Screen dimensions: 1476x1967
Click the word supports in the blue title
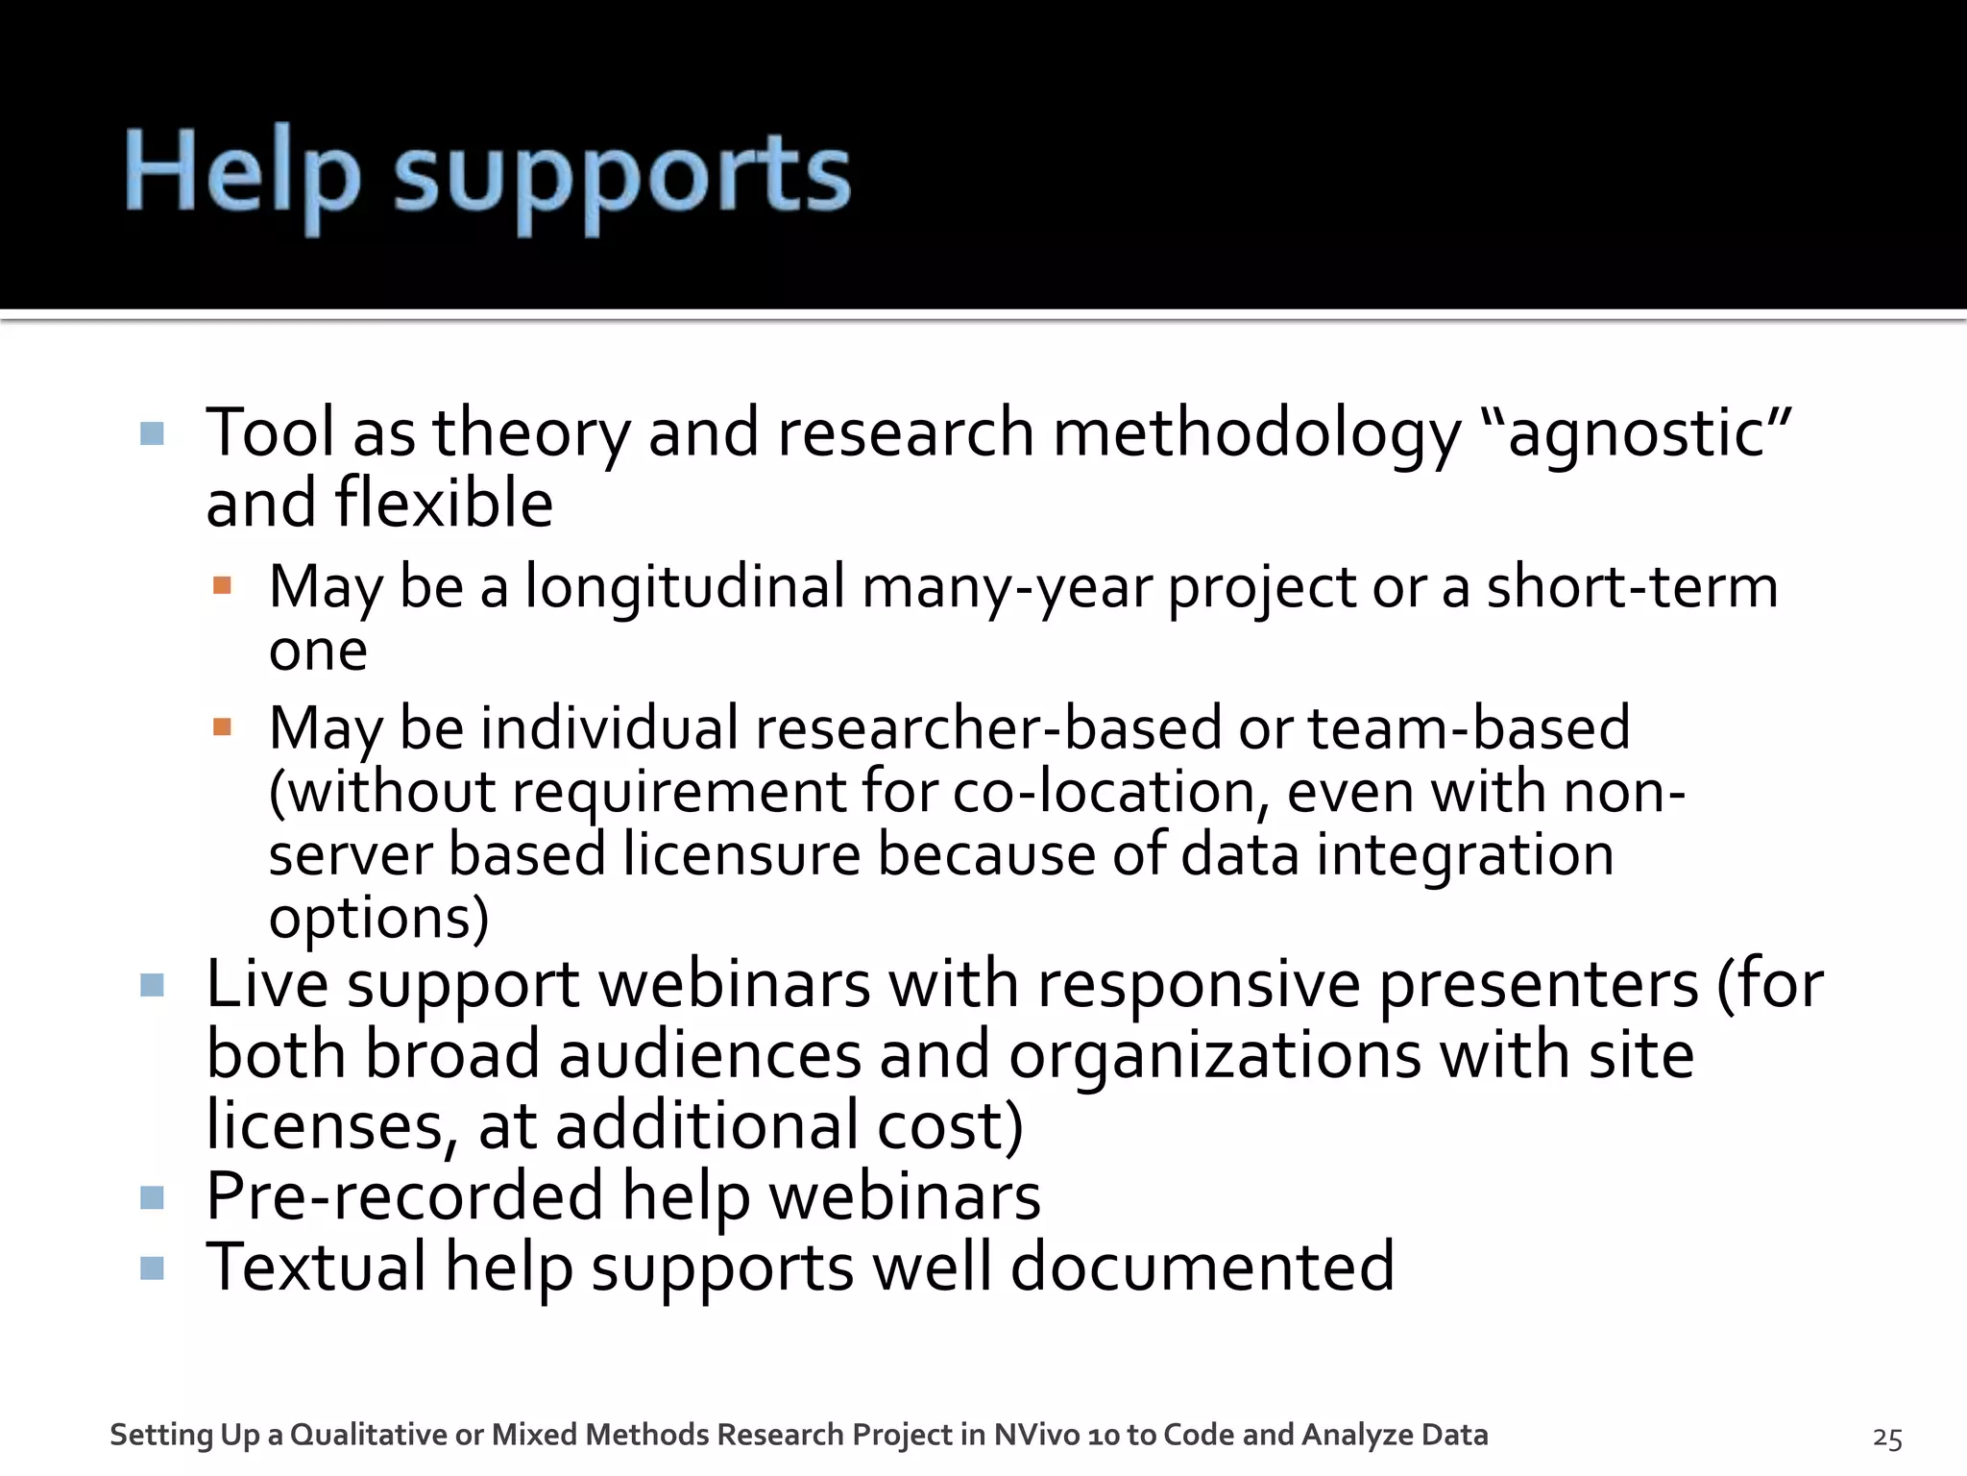click(622, 179)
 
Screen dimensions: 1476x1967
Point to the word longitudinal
click(684, 587)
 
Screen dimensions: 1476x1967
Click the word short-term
click(1632, 587)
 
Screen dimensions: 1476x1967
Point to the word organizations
click(1215, 1056)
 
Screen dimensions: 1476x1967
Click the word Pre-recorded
click(404, 1197)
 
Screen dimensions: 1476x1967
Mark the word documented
click(1202, 1267)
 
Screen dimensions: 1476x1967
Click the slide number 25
click(1887, 1438)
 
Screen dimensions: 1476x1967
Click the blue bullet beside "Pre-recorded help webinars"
click(152, 1198)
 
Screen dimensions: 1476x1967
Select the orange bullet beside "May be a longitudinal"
click(222, 585)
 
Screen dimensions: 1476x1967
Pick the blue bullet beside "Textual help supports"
click(152, 1268)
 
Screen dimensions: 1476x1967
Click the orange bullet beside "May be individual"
click(222, 726)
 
